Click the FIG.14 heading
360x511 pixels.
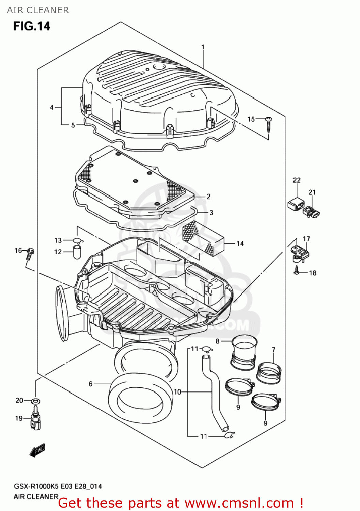pos(32,26)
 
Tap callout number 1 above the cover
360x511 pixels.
pos(203,47)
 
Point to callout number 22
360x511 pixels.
pos(297,180)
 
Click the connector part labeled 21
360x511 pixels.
pos(312,212)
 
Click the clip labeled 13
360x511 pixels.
pos(78,241)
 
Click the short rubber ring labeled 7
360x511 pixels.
pos(269,373)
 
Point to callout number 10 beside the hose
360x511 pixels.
pos(177,392)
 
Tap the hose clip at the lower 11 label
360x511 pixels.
pos(229,435)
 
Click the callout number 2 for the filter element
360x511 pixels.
pos(208,197)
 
